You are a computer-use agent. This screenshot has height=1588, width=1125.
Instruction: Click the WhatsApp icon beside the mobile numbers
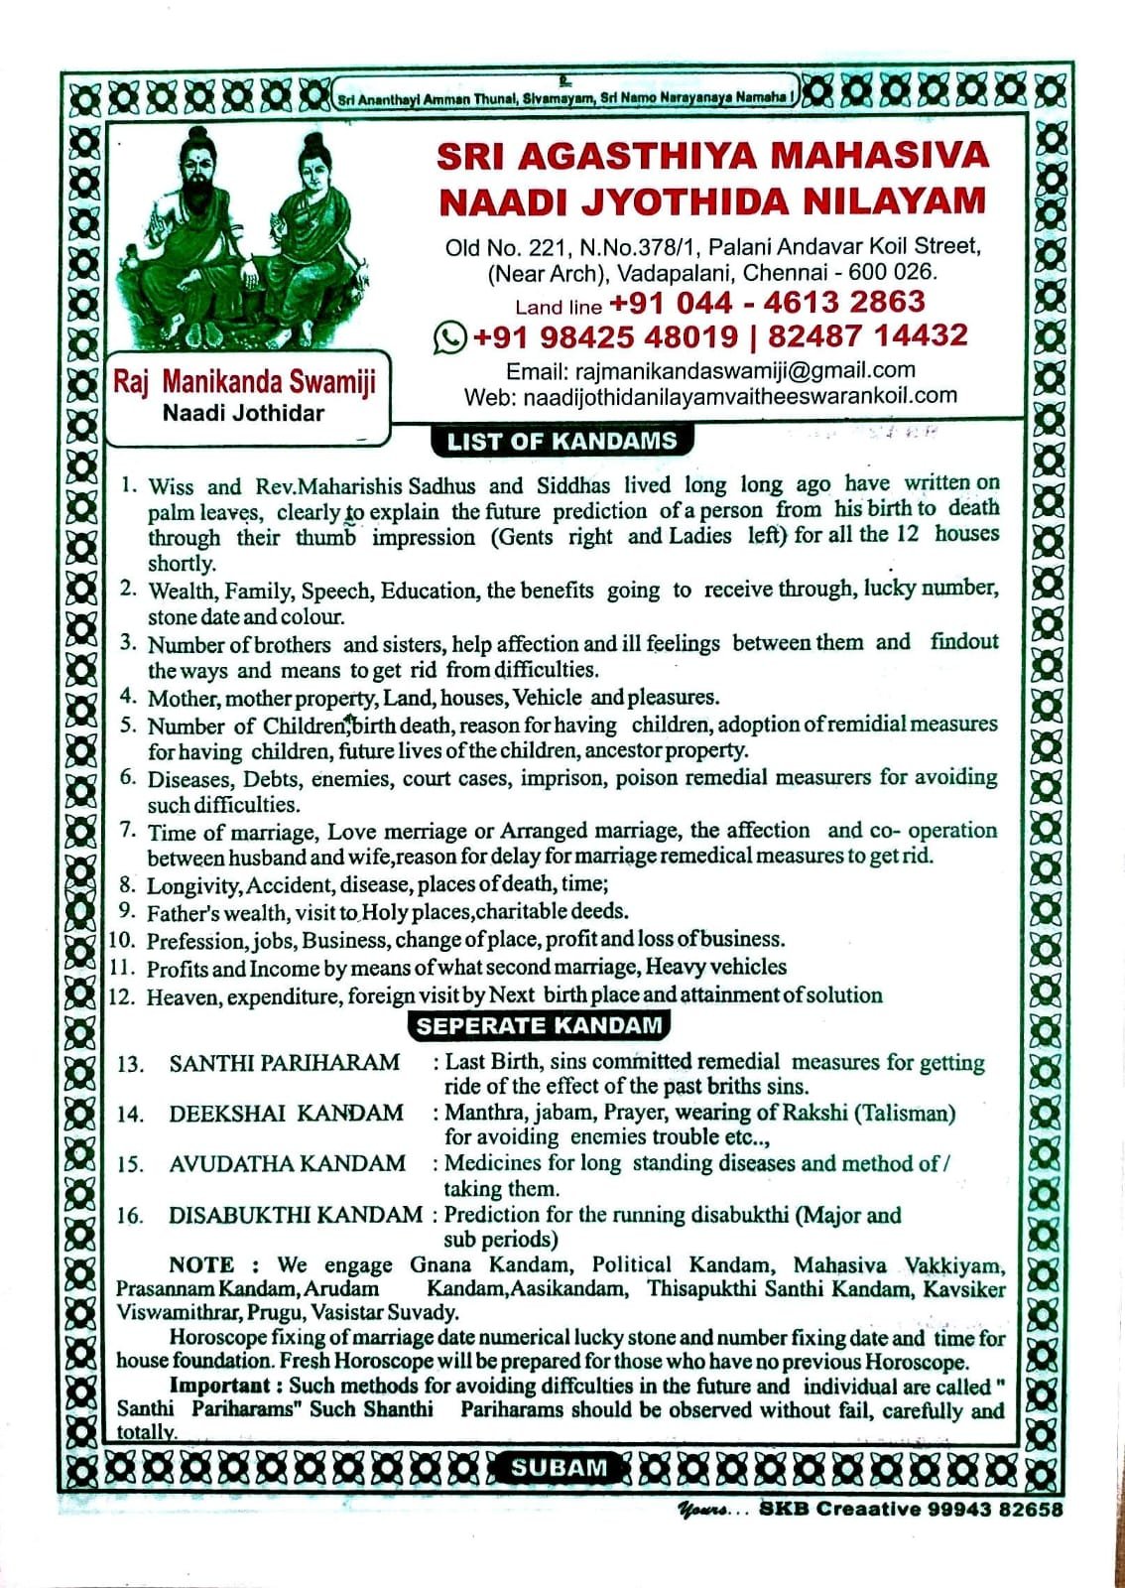(449, 337)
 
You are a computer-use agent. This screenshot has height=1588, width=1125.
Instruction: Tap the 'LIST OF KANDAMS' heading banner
(562, 442)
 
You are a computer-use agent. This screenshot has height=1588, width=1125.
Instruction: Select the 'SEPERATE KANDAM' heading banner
(539, 1025)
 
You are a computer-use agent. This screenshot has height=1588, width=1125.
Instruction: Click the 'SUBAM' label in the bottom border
(559, 1468)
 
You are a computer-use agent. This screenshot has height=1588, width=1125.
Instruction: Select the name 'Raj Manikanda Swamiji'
(244, 381)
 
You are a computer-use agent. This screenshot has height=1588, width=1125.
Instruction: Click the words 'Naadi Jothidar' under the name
(243, 413)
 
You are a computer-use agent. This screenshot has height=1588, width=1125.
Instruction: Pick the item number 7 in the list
(128, 829)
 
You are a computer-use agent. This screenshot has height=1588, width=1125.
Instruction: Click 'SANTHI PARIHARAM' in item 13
(284, 1063)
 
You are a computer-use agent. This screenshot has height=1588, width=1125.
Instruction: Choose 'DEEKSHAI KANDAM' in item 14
(286, 1113)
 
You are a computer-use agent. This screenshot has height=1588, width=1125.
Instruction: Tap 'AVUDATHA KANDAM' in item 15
(287, 1163)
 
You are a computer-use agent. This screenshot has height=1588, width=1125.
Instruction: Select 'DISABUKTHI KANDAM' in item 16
(295, 1215)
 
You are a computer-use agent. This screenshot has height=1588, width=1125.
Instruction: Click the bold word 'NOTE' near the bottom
(201, 1264)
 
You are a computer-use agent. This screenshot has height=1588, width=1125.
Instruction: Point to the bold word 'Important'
(219, 1386)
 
